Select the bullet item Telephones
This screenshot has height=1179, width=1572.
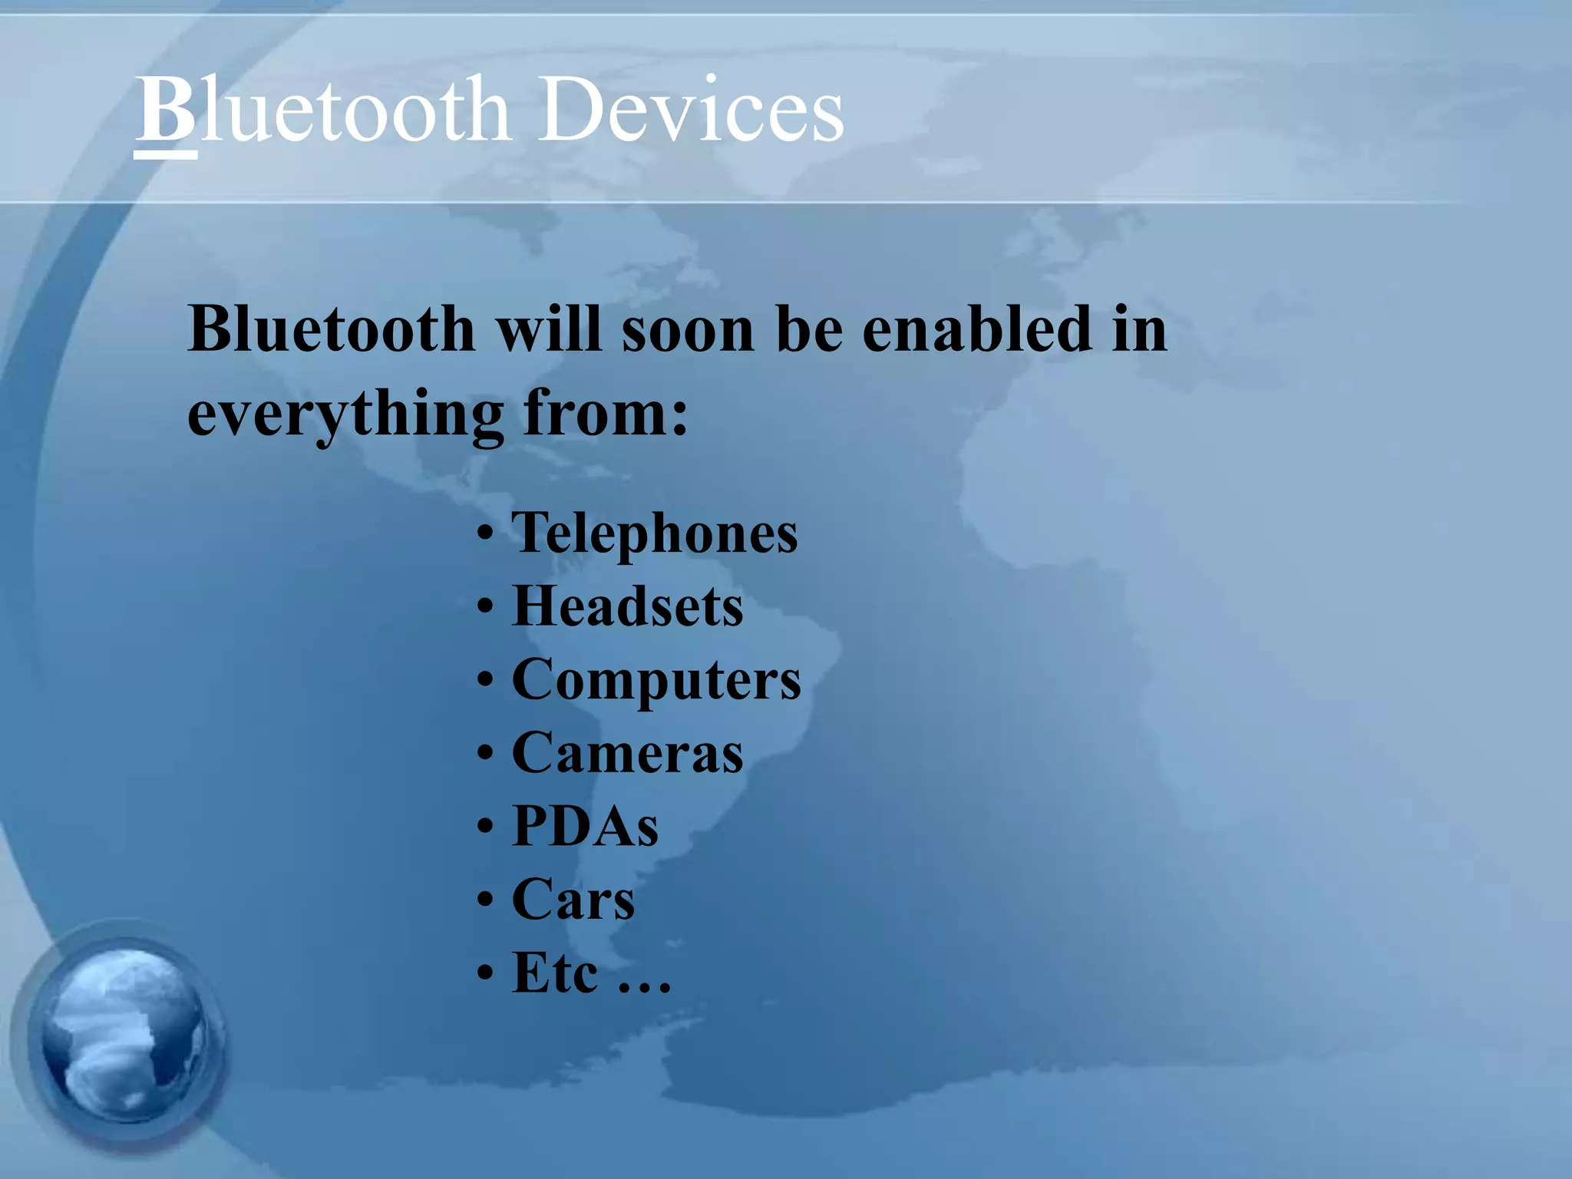click(x=655, y=533)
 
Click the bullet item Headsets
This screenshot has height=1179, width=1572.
click(x=627, y=606)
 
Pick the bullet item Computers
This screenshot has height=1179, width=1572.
click(x=656, y=680)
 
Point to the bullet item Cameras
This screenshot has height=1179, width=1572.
click(x=627, y=753)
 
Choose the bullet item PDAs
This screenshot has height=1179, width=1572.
click(x=585, y=826)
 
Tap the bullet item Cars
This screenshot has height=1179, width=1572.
click(x=573, y=900)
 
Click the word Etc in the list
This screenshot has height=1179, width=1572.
click(x=554, y=973)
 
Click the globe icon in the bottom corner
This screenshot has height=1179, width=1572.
click(x=123, y=1036)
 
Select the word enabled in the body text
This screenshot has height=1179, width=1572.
click(x=976, y=330)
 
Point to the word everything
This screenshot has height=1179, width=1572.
click(x=345, y=414)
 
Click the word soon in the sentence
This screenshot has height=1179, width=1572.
click(x=689, y=330)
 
